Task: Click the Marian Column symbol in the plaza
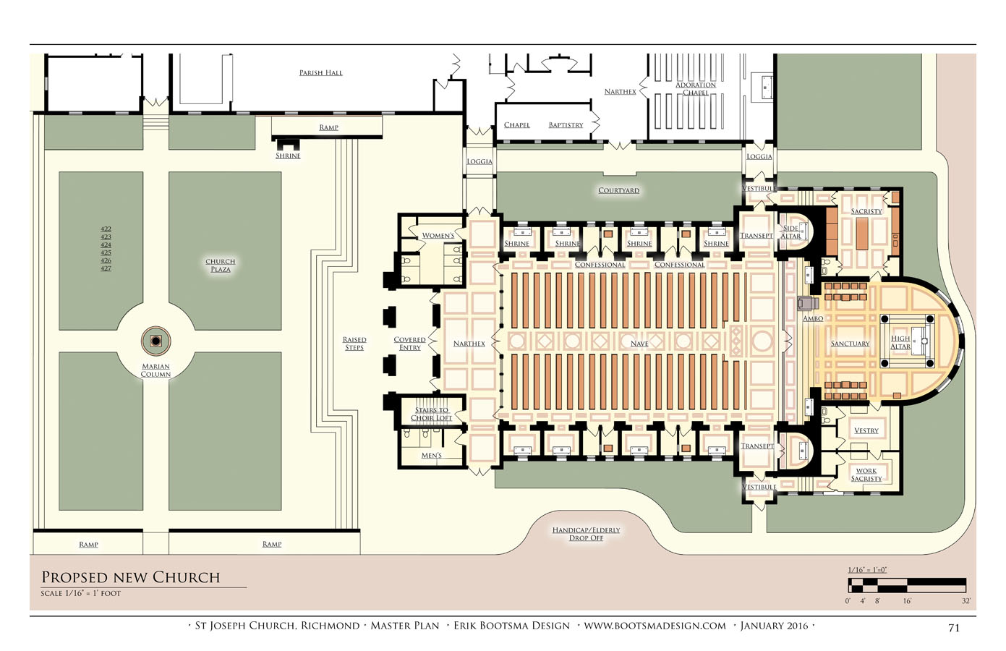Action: click(x=155, y=341)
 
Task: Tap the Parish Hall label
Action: click(x=320, y=73)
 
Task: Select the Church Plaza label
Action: click(x=221, y=265)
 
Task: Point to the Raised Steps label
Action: click(x=354, y=344)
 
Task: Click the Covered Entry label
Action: click(x=409, y=344)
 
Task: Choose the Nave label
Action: click(x=639, y=344)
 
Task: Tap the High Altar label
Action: click(x=900, y=342)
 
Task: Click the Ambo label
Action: click(x=813, y=318)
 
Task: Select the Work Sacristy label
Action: click(x=866, y=475)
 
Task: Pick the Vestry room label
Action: click(x=866, y=430)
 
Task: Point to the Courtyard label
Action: click(x=618, y=190)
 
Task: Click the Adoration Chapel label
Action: click(x=696, y=89)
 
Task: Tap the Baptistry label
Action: click(x=566, y=125)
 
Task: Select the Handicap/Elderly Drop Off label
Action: click(x=586, y=535)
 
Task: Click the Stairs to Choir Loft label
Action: click(x=431, y=414)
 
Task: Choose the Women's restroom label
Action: click(x=438, y=235)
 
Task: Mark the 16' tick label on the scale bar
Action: click(x=907, y=600)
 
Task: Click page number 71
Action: click(x=954, y=628)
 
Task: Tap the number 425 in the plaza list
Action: click(x=106, y=252)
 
